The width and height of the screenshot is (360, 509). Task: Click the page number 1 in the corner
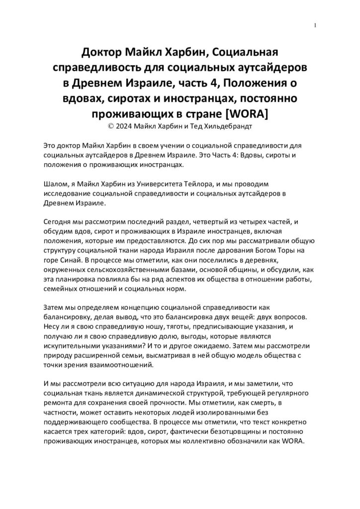click(x=316, y=26)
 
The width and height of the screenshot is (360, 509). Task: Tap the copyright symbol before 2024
click(x=111, y=126)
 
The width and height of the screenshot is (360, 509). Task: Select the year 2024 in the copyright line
click(x=126, y=126)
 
